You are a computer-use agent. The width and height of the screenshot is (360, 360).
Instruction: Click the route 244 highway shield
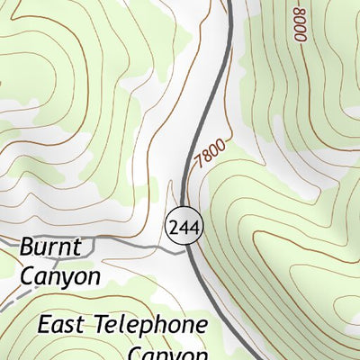click(x=184, y=227)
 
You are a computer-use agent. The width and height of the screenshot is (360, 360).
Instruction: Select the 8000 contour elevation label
click(x=299, y=23)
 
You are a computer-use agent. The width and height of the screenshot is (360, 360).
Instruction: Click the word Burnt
click(x=50, y=247)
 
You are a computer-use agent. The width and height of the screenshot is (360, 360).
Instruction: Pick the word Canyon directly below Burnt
click(x=59, y=275)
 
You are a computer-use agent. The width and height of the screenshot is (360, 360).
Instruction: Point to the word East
click(x=62, y=324)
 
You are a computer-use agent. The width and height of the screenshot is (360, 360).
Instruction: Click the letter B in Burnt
click(x=26, y=247)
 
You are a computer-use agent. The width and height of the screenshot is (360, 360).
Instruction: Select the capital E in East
click(x=45, y=324)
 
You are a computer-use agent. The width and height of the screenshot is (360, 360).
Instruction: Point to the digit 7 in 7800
click(x=197, y=166)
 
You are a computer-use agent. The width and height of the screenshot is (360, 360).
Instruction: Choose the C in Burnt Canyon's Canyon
click(x=27, y=275)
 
